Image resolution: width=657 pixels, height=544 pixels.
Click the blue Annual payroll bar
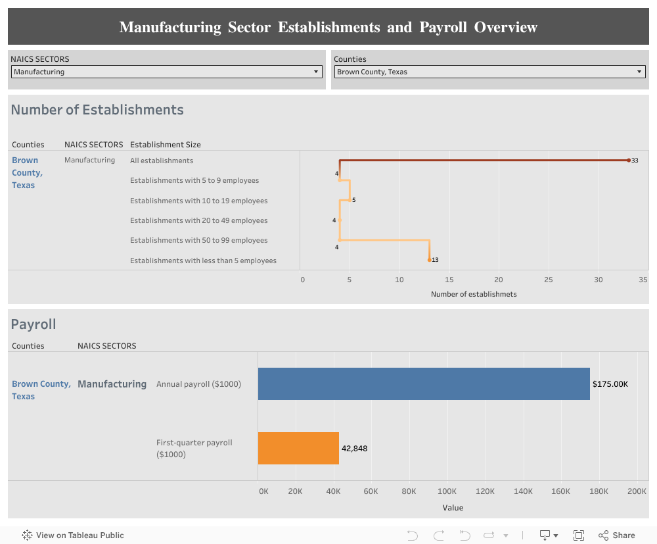[424, 383]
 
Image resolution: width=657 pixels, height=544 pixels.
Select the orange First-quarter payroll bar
[298, 448]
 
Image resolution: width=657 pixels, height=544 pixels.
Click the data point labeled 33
[628, 161]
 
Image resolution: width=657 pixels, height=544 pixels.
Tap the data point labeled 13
[430, 260]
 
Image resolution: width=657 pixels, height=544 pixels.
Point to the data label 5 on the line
[353, 200]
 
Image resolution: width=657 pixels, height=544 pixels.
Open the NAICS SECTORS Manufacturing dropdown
[166, 72]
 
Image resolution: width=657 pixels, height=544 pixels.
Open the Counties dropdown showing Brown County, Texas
[489, 72]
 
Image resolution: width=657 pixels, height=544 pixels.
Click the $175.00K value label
[610, 384]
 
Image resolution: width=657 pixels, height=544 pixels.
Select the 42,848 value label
[354, 449]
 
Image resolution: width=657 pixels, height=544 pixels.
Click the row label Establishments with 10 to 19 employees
[198, 201]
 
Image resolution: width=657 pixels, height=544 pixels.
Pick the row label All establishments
[162, 161]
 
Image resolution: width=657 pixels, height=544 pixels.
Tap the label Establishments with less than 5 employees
[203, 260]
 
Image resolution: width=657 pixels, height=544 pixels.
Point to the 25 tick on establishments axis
[548, 280]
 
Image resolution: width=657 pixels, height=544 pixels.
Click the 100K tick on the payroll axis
[447, 491]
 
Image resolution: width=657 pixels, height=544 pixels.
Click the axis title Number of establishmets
[474, 294]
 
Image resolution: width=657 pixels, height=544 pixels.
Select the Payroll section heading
[34, 324]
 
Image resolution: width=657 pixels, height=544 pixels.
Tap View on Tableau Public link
[73, 535]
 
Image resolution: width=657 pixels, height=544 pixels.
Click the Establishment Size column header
[166, 145]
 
